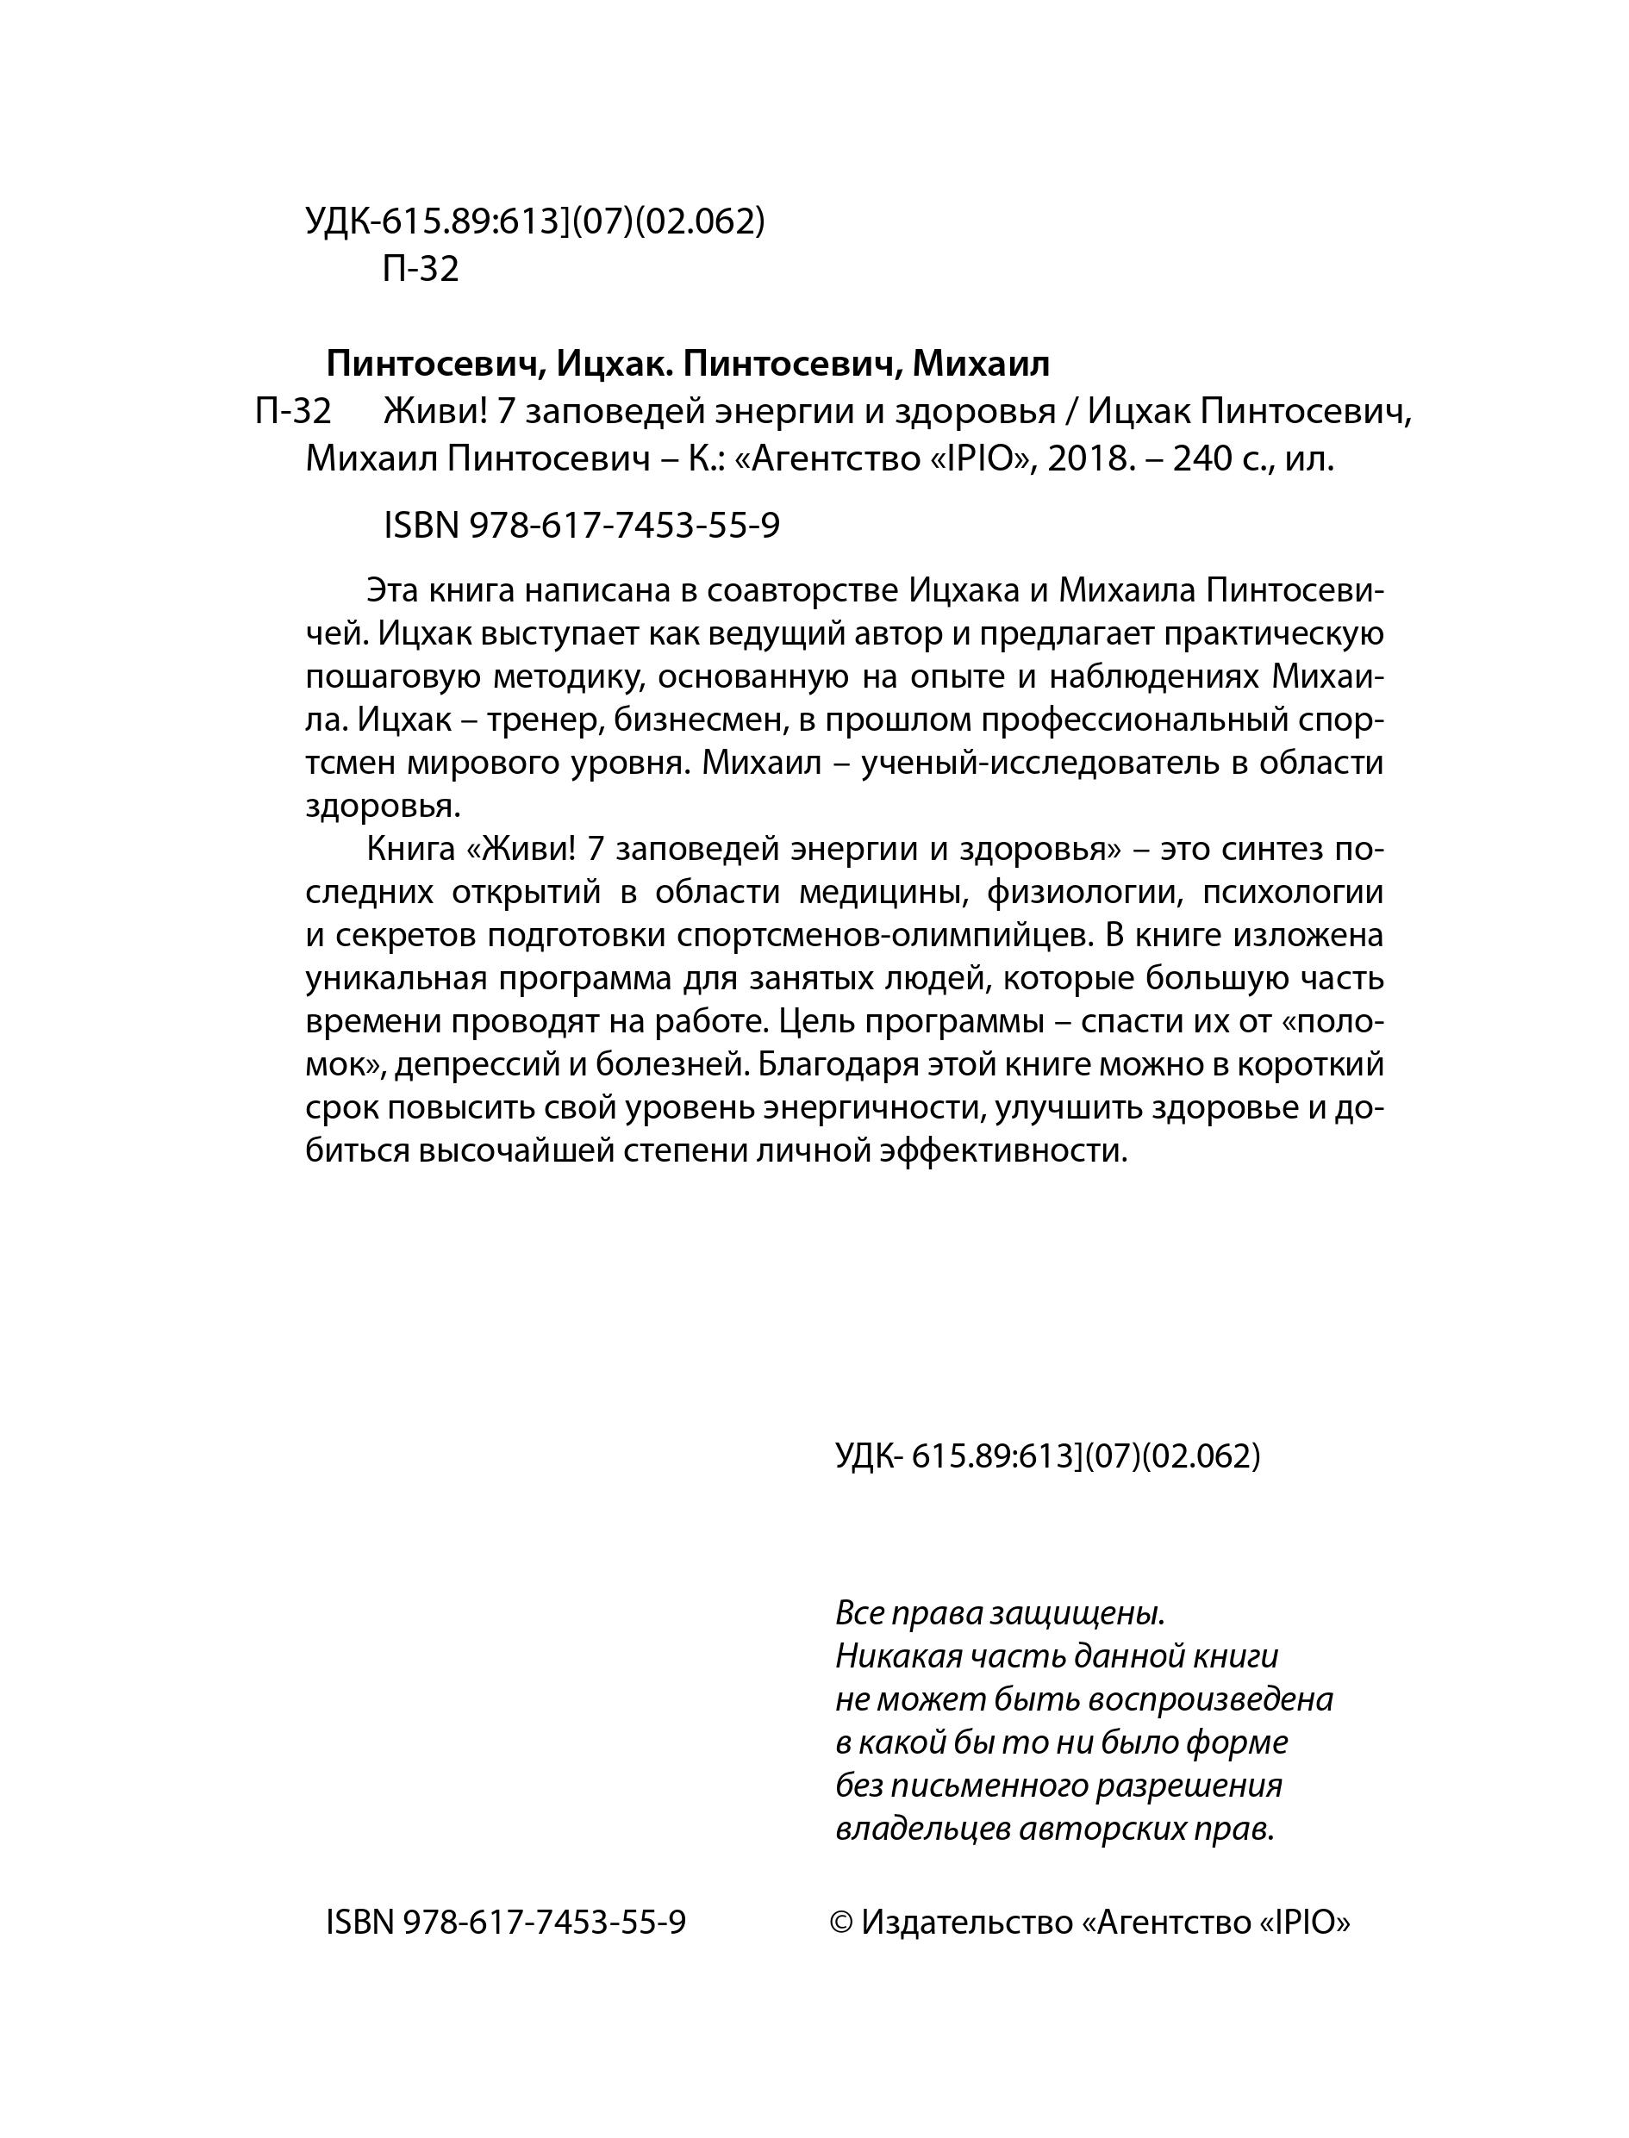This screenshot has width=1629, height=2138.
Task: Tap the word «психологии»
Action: pyautogui.click(x=1293, y=892)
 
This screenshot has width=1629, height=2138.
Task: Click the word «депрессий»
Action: pyautogui.click(x=475, y=1064)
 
